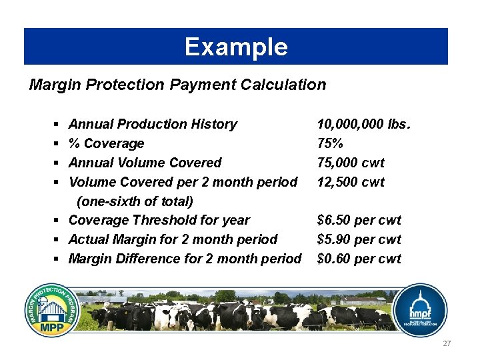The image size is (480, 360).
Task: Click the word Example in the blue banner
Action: [x=236, y=47]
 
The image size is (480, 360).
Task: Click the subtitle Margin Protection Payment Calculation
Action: [x=178, y=85]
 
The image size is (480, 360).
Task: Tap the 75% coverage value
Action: [x=331, y=143]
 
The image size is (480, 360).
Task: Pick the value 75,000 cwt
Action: [x=351, y=163]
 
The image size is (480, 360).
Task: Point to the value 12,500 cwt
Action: [x=351, y=182]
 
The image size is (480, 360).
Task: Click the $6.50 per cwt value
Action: [x=359, y=220]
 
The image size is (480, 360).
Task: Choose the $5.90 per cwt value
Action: [x=359, y=239]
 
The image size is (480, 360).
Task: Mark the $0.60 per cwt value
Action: [x=359, y=259]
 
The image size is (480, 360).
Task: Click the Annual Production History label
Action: [x=153, y=124]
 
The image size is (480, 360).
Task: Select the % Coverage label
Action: [x=106, y=143]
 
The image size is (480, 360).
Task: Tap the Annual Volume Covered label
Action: [x=145, y=163]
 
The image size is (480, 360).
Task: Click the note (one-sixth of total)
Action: [x=135, y=201]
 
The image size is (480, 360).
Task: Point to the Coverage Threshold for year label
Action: [x=159, y=220]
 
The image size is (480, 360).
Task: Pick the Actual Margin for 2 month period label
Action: [x=173, y=239]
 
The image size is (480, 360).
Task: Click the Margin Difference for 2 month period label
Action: [x=185, y=259]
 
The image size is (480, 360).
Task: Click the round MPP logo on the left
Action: [x=53, y=310]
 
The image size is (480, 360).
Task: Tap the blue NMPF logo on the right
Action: [x=418, y=310]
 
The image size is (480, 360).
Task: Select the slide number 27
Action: [x=447, y=343]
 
